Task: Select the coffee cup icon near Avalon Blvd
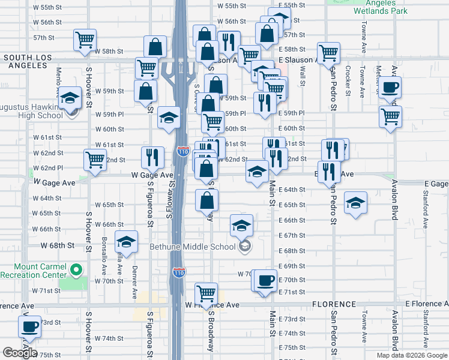click(x=390, y=87)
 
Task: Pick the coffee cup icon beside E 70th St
click(x=265, y=280)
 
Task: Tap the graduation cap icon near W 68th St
click(x=127, y=241)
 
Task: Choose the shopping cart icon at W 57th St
click(x=85, y=40)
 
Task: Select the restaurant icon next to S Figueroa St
click(x=152, y=157)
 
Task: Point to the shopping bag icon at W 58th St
click(x=155, y=47)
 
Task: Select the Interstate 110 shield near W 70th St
click(x=178, y=272)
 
